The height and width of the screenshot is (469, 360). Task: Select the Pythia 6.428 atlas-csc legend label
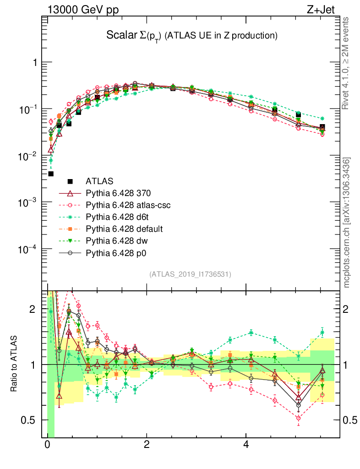pos(128,205)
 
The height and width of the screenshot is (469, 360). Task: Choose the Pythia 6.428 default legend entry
pos(124,229)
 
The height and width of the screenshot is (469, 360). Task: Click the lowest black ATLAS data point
pos(51,174)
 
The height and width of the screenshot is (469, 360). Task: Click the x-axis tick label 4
pos(246,445)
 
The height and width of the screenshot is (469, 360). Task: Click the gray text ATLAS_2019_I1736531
pos(190,274)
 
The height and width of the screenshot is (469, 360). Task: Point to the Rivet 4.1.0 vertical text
pos(346,63)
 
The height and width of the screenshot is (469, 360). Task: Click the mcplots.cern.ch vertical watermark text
pos(347,223)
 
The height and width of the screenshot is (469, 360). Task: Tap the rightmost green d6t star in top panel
pos(322,119)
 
